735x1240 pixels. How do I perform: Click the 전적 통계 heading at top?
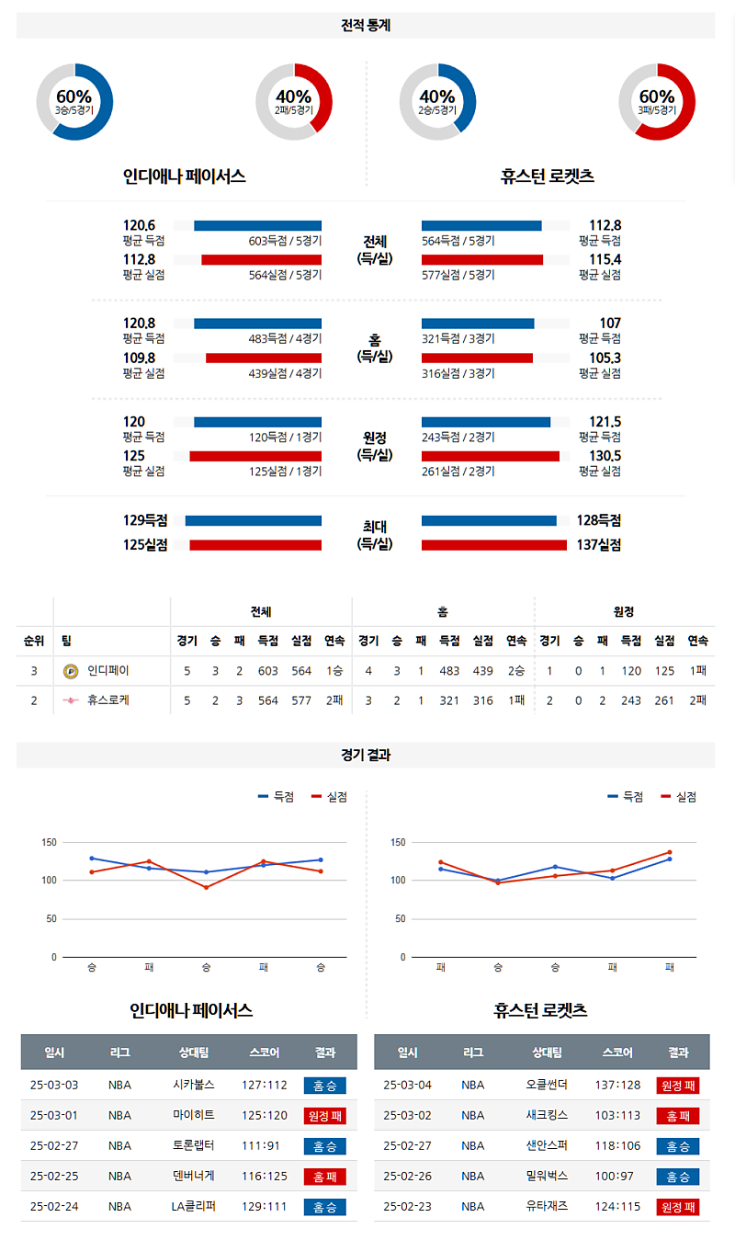(x=366, y=26)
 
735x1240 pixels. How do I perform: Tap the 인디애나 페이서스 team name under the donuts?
(x=185, y=176)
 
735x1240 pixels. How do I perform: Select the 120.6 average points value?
(x=140, y=225)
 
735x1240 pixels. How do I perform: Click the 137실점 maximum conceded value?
(x=599, y=545)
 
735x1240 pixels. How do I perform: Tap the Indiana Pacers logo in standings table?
(x=71, y=671)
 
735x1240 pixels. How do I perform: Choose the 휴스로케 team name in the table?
(x=108, y=700)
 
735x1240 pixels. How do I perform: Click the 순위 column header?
(x=34, y=641)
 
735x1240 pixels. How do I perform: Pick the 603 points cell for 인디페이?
(x=267, y=671)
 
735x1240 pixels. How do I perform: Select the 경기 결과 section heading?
(x=366, y=755)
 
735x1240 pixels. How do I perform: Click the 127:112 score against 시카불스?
(x=265, y=1085)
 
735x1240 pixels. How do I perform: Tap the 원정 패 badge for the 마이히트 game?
(x=324, y=1116)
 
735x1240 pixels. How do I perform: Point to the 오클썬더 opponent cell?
(x=548, y=1085)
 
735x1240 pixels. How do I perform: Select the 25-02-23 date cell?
(x=407, y=1206)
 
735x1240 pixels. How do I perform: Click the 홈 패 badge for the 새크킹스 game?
(x=678, y=1116)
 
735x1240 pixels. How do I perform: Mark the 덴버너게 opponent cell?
(x=194, y=1176)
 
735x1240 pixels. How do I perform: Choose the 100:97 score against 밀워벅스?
(x=618, y=1176)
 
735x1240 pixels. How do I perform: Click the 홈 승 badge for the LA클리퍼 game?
(x=324, y=1207)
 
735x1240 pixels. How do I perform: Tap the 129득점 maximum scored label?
(x=146, y=521)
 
